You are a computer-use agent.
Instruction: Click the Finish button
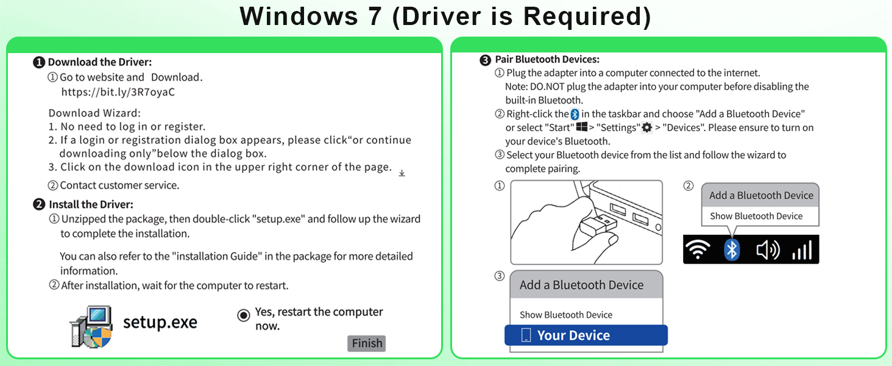[367, 343]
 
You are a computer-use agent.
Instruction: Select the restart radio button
[244, 315]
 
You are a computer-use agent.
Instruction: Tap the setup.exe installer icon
[91, 326]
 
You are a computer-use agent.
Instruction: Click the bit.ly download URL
[118, 93]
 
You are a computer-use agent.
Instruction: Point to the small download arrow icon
[402, 173]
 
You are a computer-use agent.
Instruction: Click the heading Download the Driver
[99, 62]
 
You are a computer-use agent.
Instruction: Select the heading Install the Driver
[91, 204]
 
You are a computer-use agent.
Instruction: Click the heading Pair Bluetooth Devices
[547, 60]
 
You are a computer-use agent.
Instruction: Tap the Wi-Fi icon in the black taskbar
[698, 249]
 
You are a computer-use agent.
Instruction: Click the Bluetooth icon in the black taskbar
[732, 249]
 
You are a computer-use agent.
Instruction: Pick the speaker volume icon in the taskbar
[768, 250]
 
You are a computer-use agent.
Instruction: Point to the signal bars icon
[802, 250]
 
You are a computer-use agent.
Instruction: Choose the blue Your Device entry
[586, 335]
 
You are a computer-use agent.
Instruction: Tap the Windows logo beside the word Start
[582, 127]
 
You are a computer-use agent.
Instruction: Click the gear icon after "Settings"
[647, 127]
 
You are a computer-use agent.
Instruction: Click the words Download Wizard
[94, 113]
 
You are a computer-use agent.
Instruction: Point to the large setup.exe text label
[160, 321]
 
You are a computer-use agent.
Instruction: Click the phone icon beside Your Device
[526, 335]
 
